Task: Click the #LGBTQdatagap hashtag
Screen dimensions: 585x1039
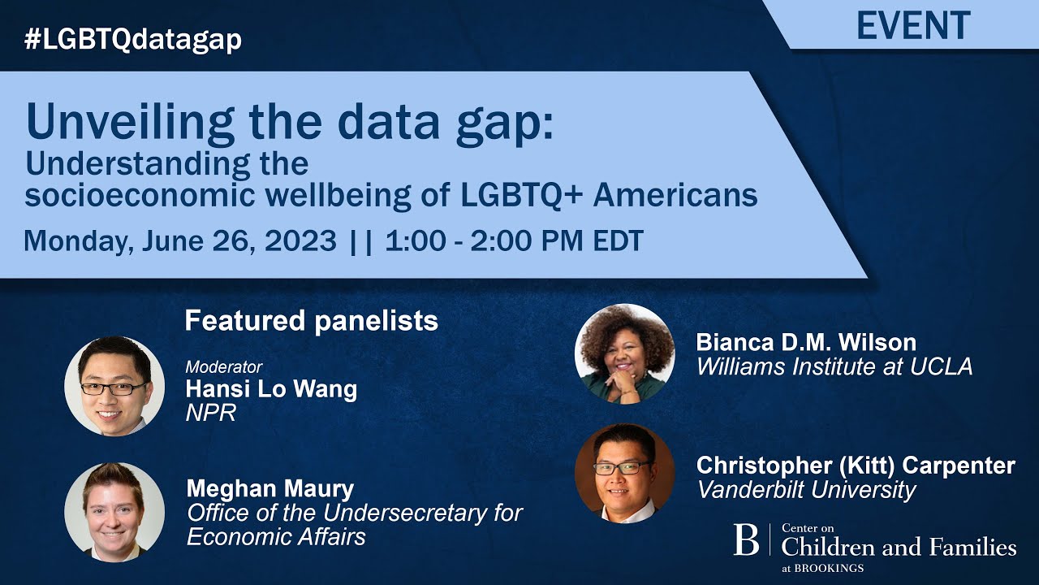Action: coord(133,38)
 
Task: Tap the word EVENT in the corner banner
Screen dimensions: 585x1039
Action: coord(913,25)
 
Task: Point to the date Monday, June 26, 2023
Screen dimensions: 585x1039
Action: coord(180,240)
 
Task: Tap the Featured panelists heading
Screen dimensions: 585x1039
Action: coord(311,321)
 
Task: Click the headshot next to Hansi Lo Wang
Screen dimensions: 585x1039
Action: coord(114,386)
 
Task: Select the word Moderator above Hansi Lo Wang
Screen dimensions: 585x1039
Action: coord(223,366)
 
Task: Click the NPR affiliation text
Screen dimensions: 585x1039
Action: coord(210,413)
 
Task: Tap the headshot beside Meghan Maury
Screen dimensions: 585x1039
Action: coord(114,512)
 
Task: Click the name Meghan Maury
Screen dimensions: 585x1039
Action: coord(270,489)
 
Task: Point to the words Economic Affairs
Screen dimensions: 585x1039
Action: coord(276,537)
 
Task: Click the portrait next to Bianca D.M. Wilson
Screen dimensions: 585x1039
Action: coord(624,353)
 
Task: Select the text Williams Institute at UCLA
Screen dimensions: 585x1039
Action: coord(834,366)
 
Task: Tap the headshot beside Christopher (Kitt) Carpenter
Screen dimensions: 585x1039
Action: coord(624,473)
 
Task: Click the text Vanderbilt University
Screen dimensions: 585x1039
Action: coord(806,490)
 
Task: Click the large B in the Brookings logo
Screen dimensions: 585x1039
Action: coord(746,539)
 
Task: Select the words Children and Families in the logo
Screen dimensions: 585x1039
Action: coord(898,547)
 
